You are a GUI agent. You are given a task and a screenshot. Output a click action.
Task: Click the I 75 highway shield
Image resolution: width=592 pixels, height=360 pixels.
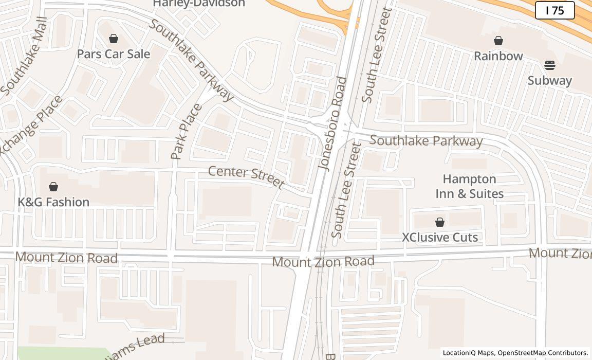554,10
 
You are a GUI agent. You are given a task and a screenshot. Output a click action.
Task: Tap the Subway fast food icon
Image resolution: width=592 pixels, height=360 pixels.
549,65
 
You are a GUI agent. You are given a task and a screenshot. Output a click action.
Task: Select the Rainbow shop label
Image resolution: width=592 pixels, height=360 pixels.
498,56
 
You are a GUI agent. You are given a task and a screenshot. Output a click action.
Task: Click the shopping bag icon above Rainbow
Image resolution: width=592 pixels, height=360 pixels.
498,41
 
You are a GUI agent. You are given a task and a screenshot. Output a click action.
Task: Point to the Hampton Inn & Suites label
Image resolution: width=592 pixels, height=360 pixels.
469,186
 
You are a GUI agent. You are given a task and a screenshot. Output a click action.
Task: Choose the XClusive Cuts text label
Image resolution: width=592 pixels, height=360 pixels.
439,238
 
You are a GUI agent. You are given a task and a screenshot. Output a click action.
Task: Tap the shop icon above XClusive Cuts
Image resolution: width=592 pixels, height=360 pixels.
439,222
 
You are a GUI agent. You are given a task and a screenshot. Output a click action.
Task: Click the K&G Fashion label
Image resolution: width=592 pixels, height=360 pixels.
53,202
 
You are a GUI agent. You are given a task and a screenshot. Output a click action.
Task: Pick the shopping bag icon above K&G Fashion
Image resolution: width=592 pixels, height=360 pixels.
53,187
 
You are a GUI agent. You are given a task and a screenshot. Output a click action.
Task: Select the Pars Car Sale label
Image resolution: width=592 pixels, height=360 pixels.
113,54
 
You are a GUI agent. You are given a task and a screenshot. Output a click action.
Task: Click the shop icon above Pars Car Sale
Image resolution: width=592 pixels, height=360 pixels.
113,39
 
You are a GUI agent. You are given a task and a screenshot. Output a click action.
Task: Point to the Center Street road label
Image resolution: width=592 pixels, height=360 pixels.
246,176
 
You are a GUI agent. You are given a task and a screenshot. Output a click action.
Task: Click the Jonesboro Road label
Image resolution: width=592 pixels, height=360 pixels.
333,123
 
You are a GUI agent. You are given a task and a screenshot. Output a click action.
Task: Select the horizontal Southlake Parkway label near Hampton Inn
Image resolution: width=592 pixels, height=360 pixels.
426,141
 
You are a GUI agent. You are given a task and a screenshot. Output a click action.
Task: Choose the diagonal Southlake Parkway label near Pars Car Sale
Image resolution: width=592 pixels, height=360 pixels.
191,60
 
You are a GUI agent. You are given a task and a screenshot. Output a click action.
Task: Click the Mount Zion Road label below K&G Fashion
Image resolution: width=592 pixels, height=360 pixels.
66,257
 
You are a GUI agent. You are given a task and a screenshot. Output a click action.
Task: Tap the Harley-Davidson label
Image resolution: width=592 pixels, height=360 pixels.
199,4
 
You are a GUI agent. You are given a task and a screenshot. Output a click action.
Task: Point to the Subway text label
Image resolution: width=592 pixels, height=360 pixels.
549,81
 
